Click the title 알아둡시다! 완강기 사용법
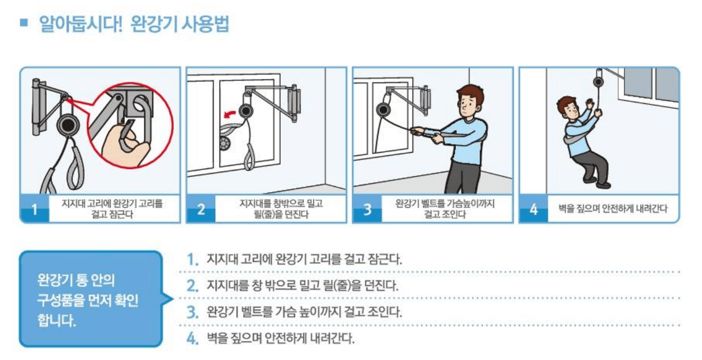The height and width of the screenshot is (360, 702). (134, 25)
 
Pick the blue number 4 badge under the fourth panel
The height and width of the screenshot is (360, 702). (534, 210)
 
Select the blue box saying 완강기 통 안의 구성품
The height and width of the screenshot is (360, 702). (90, 299)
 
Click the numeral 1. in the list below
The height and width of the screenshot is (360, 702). (194, 260)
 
